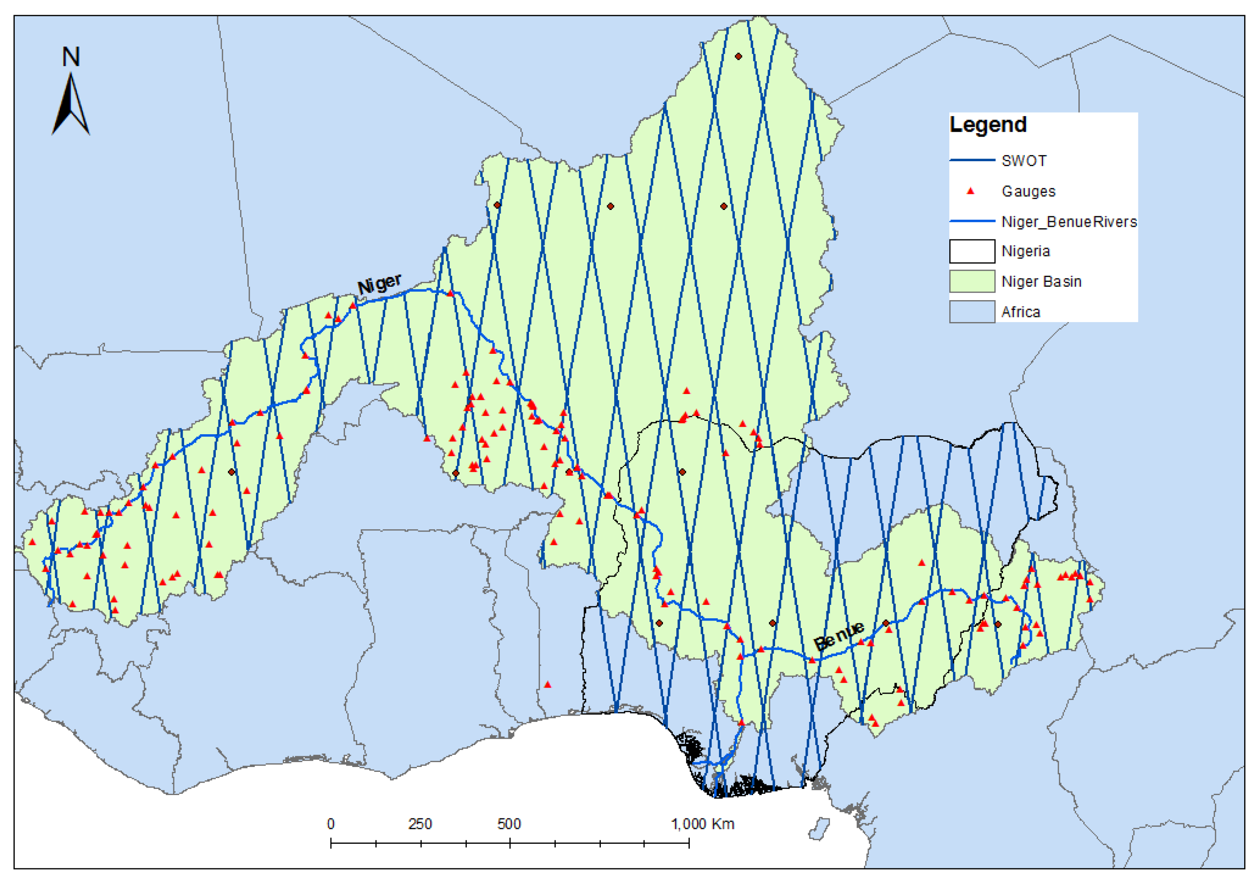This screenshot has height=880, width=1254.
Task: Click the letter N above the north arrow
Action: (x=71, y=57)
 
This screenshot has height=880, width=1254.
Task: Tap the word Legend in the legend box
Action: (x=987, y=125)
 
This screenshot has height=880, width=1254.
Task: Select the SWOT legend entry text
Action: (x=1023, y=161)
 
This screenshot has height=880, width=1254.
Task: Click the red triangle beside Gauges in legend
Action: (x=970, y=191)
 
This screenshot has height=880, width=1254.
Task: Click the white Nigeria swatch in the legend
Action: (x=972, y=251)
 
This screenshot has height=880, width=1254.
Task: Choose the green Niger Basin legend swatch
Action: (x=972, y=282)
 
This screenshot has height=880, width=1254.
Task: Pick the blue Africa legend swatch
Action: (x=972, y=312)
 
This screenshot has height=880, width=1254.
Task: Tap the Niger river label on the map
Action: (x=379, y=284)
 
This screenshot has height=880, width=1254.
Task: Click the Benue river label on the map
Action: (x=839, y=635)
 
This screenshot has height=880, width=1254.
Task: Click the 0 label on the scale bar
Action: (x=331, y=823)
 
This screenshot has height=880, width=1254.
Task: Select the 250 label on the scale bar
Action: (x=420, y=823)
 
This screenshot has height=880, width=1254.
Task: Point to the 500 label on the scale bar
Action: (x=509, y=823)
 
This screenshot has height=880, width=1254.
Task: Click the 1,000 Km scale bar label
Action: (x=702, y=823)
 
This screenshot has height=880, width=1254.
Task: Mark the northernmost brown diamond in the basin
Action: (x=738, y=56)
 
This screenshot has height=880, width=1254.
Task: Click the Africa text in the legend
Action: (x=1020, y=312)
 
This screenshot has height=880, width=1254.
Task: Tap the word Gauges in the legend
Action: (x=1028, y=192)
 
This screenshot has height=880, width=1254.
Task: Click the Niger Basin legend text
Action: (x=1041, y=282)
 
